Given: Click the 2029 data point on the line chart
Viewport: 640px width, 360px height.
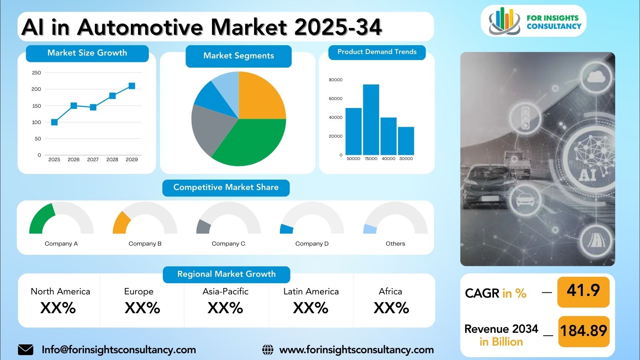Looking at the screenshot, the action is [132, 86].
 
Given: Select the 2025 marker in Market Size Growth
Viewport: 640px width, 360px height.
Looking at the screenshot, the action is [54, 122].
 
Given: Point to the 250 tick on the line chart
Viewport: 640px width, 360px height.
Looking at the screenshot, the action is [36, 73].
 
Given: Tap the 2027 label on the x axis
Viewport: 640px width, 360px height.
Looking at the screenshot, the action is [93, 160].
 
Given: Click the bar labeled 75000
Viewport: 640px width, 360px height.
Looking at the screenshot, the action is [371, 120].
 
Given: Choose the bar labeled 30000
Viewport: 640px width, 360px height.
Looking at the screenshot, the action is [406, 141].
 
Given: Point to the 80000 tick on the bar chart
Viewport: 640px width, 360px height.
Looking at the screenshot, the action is [336, 80].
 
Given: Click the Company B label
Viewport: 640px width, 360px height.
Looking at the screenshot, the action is [145, 244].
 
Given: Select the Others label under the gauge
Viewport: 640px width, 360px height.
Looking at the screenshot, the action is [396, 244].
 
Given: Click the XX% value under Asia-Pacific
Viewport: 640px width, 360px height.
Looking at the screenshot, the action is [226, 308].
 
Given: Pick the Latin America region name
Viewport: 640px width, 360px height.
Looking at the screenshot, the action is [311, 292].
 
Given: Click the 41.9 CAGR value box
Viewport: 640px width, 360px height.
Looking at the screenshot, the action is [584, 292].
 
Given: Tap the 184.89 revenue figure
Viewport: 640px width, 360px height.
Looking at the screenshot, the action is [584, 331].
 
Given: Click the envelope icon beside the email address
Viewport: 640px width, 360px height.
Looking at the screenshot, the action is [26, 350].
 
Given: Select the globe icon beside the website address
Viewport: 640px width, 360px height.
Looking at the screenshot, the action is [268, 350].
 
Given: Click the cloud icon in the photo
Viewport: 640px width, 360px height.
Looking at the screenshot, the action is [596, 76].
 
